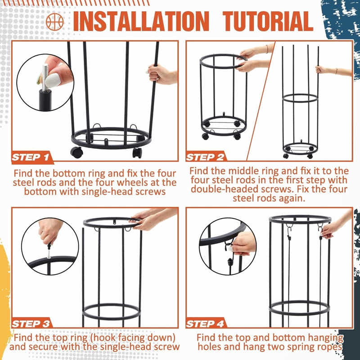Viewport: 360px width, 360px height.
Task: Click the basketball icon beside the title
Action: tap(55, 21)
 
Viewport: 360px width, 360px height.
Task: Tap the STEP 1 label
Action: tap(31, 157)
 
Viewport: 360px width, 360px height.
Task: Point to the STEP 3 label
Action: tap(31, 324)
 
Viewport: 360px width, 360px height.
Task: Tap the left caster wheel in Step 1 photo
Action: tap(76, 152)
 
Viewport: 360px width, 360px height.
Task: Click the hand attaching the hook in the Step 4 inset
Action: tap(243, 243)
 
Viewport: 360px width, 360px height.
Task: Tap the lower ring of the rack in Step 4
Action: tap(299, 308)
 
